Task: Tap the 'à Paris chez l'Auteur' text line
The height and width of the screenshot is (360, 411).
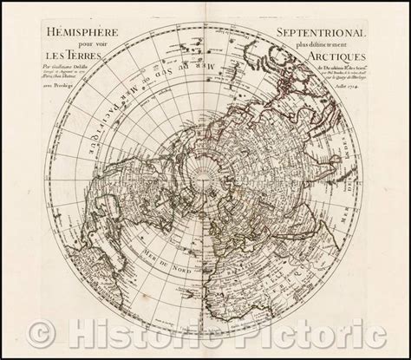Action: tap(62, 88)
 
